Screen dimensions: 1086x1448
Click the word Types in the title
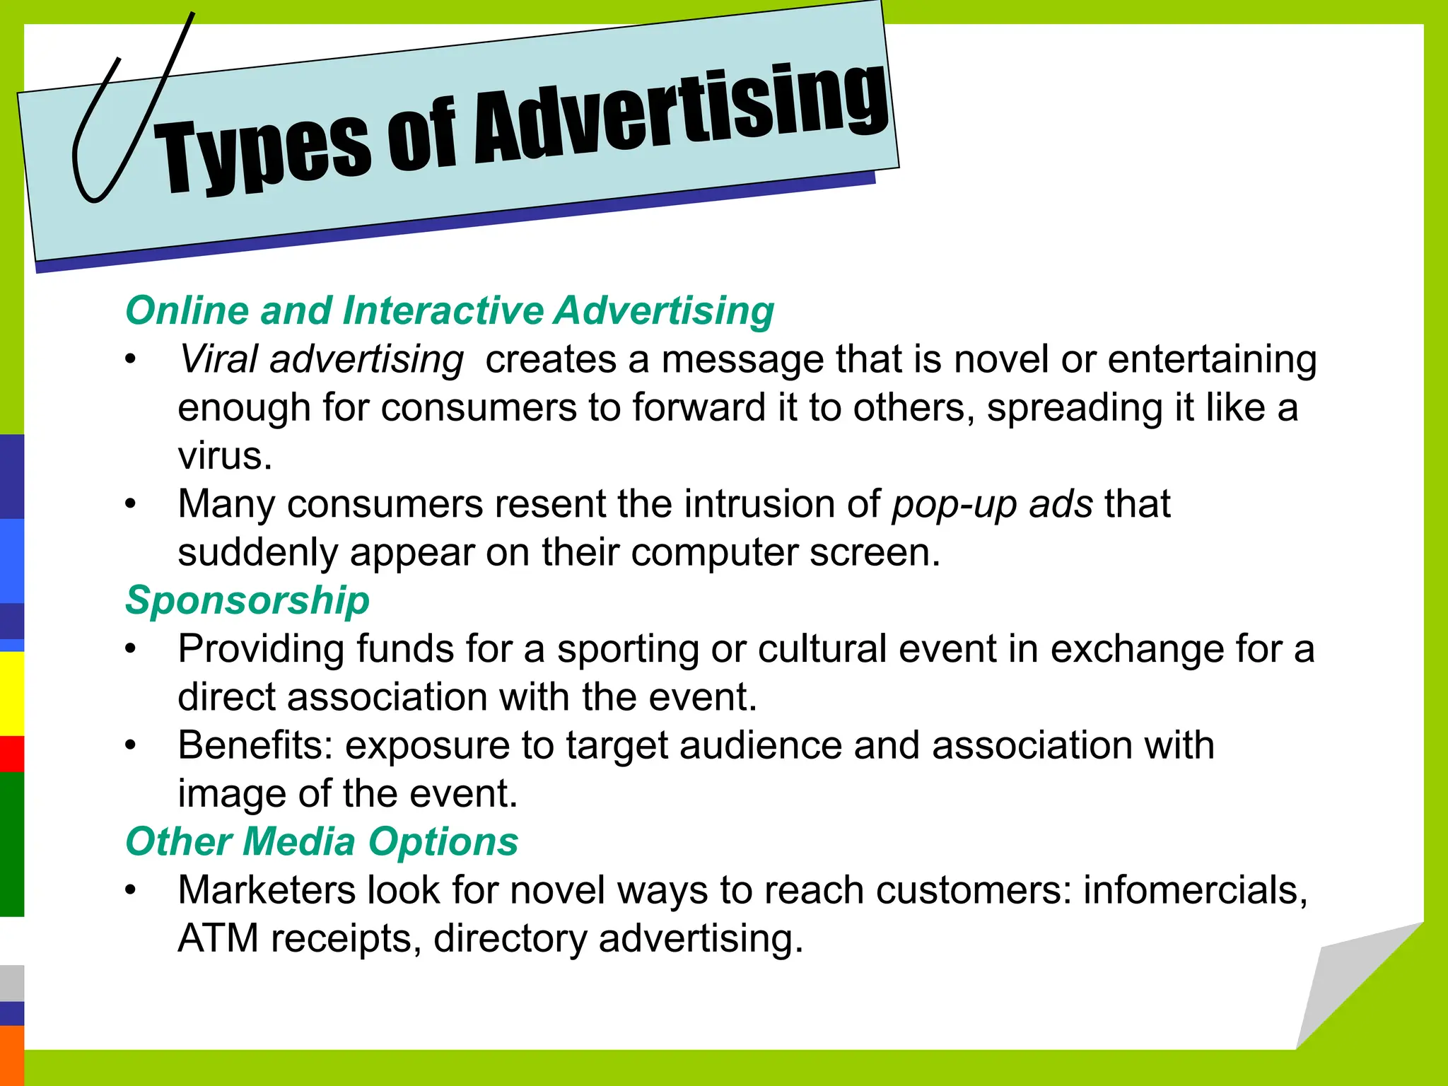(262, 152)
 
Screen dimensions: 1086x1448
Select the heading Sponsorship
(247, 601)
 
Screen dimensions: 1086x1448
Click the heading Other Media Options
(322, 842)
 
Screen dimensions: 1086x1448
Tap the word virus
(224, 456)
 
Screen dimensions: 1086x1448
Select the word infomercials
(1195, 890)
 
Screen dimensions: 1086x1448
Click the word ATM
(218, 938)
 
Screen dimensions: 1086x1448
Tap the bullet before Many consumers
(130, 505)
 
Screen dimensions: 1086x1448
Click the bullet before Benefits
(130, 746)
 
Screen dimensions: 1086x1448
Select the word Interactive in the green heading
(443, 311)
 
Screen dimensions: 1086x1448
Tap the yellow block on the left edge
(11, 693)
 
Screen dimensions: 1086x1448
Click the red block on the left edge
(11, 754)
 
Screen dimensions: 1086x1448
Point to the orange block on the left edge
(11, 1055)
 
